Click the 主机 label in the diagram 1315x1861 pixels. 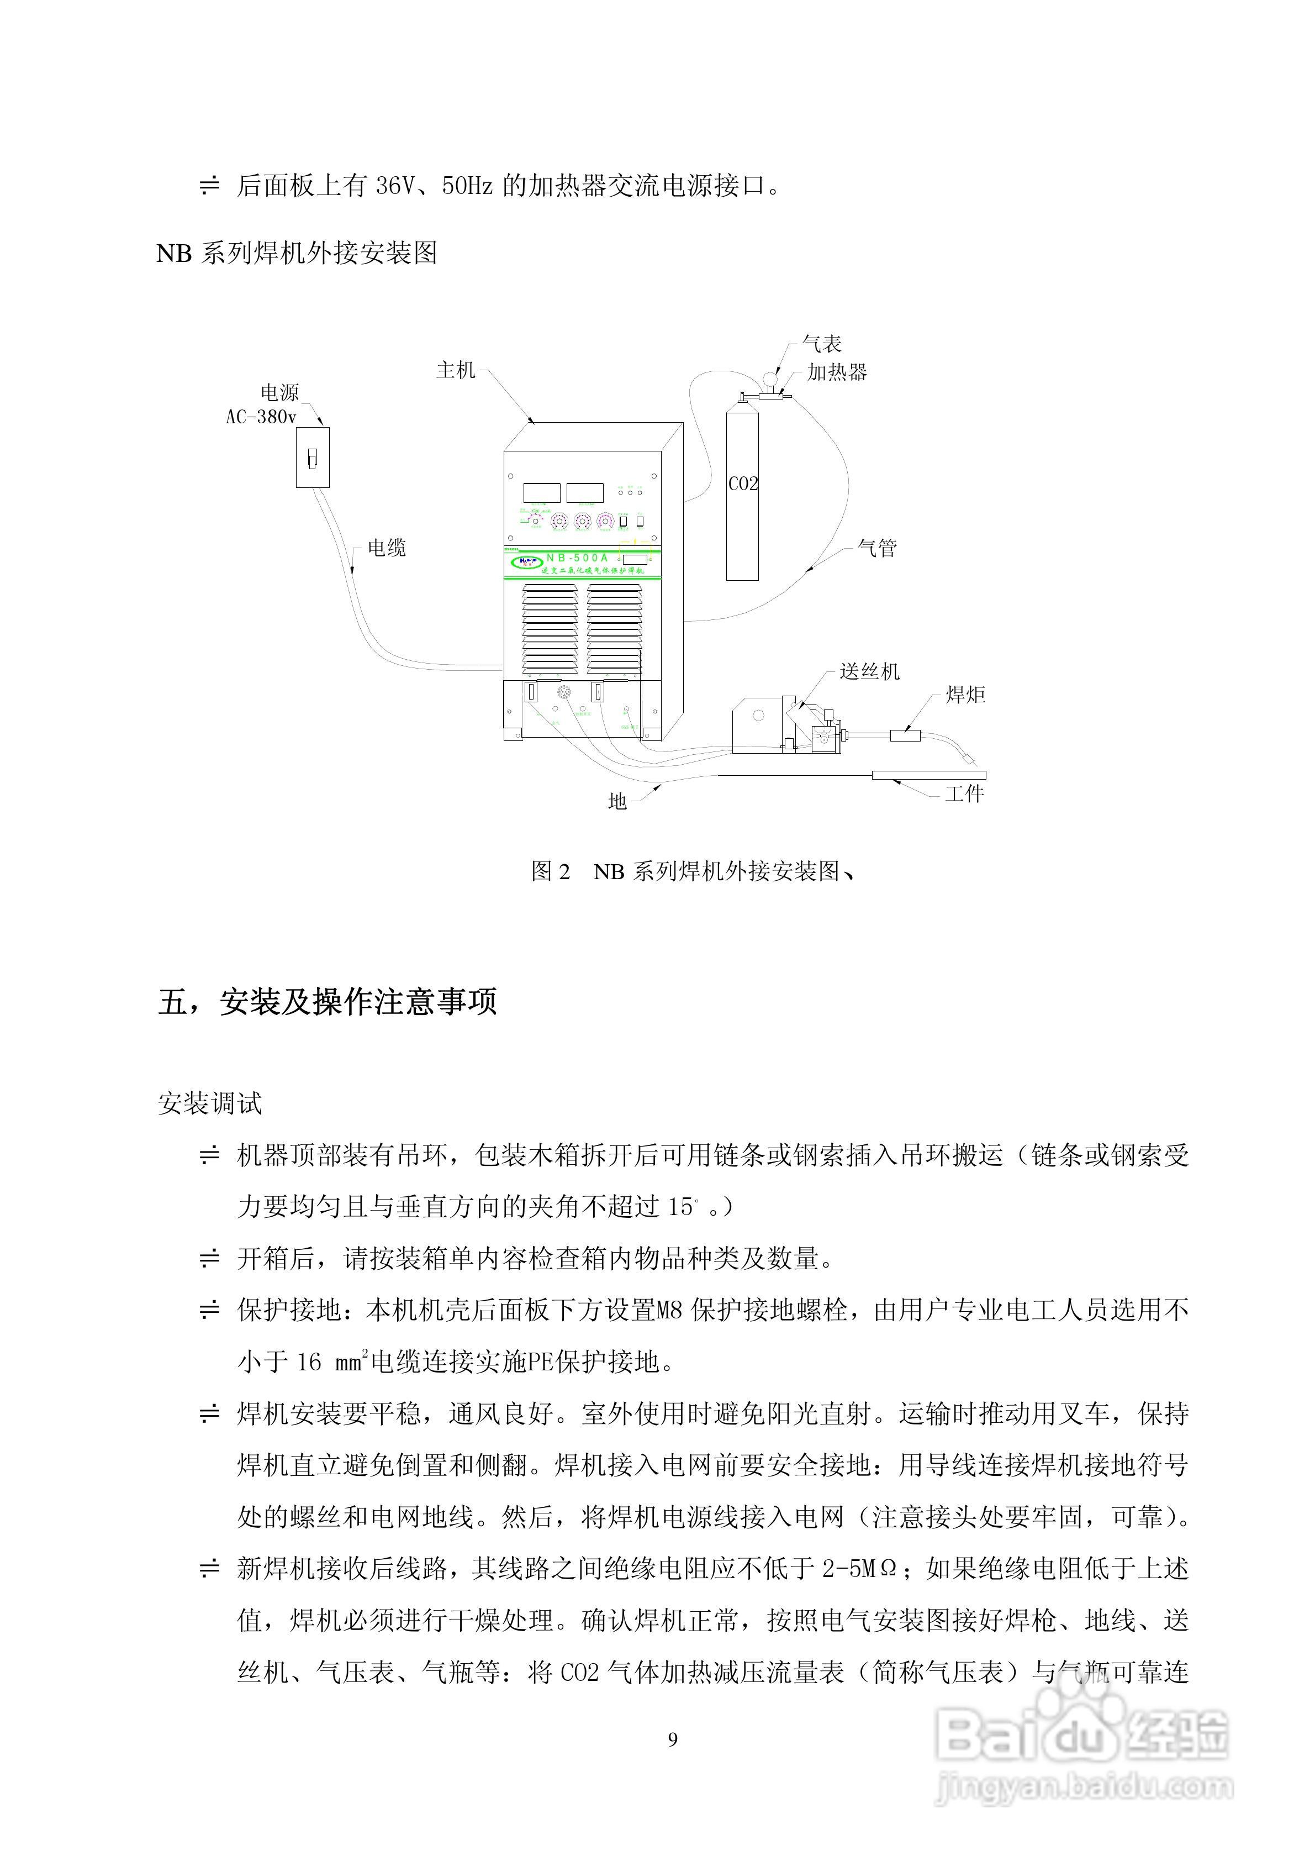point(455,370)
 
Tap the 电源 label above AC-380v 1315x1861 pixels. point(279,393)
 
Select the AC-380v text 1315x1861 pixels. point(261,417)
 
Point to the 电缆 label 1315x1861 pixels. point(387,548)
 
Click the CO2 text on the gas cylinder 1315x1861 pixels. point(743,484)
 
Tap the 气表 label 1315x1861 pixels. point(822,344)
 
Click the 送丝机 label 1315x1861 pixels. point(869,671)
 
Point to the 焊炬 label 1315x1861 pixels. point(966,695)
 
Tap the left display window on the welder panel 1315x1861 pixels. point(542,492)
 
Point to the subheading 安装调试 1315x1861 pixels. point(210,1103)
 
